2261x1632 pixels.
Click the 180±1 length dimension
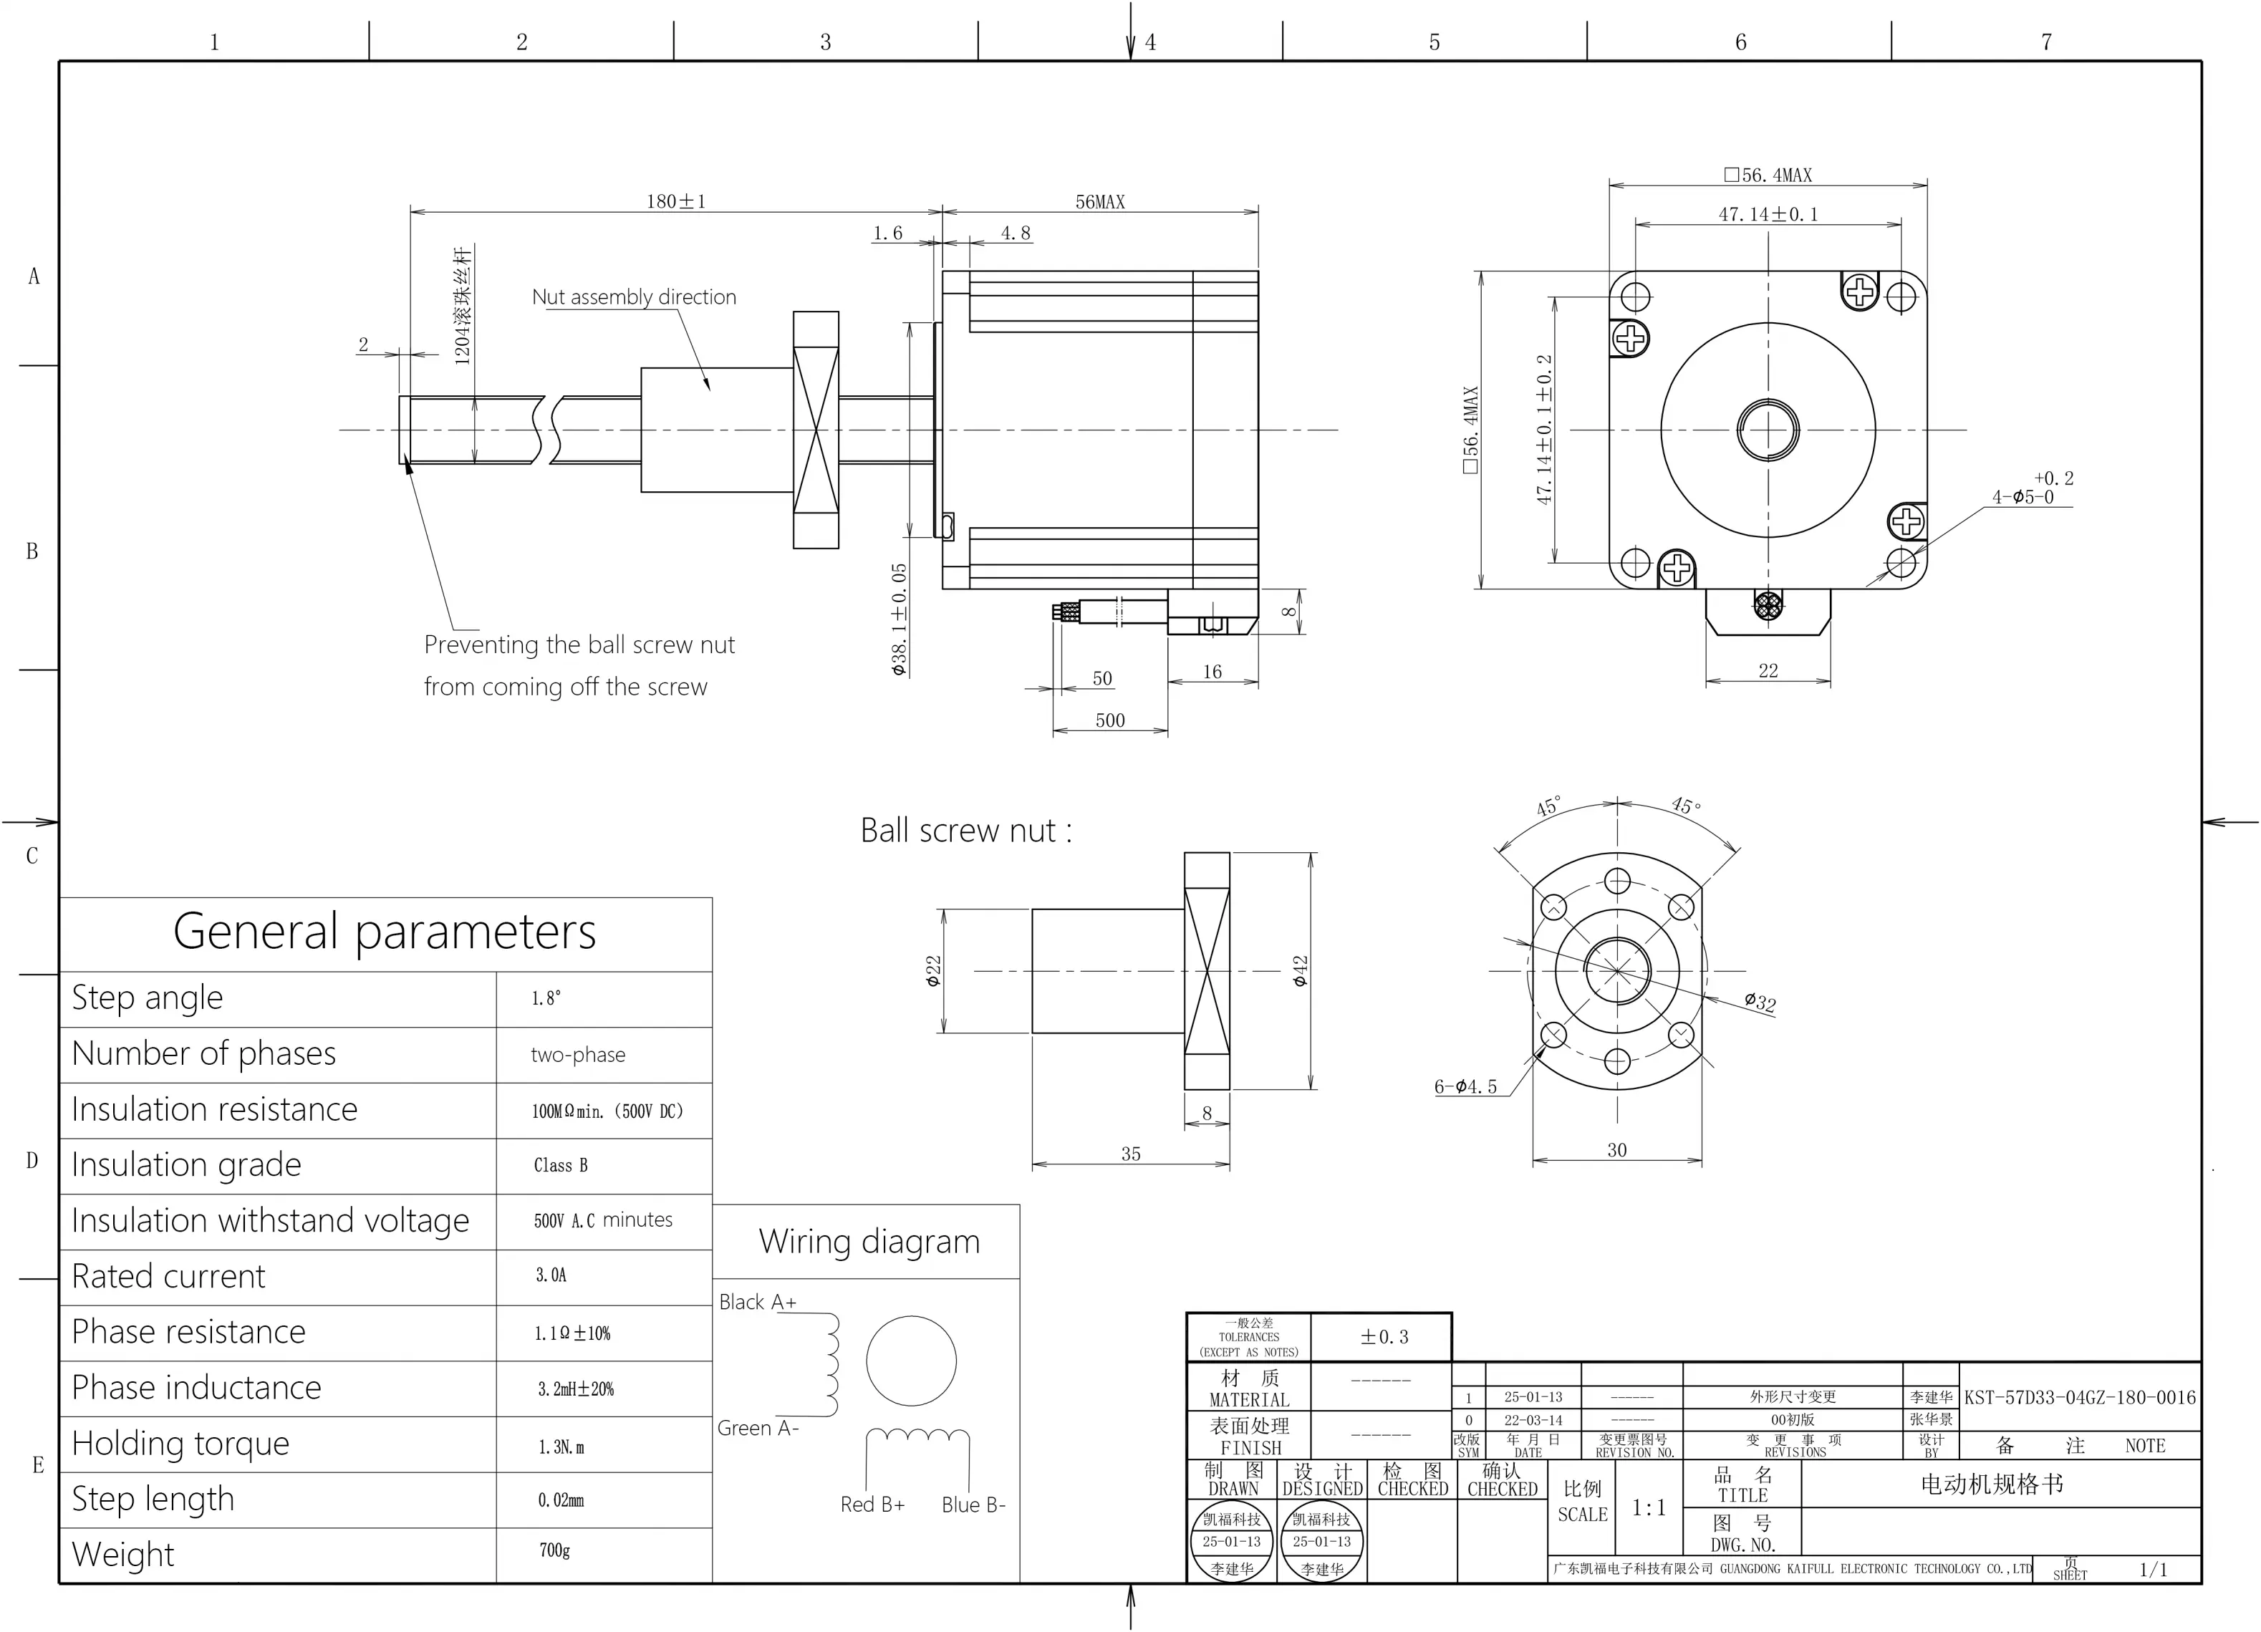pyautogui.click(x=676, y=201)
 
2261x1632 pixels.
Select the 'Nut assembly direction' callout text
pyautogui.click(x=634, y=297)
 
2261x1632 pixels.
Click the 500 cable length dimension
pyautogui.click(x=1109, y=720)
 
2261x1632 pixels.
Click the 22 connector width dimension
pyautogui.click(x=1768, y=670)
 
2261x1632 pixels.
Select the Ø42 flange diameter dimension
pyautogui.click(x=1300, y=971)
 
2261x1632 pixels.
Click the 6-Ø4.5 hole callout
pyautogui.click(x=1465, y=1086)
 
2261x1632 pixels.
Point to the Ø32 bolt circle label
pyautogui.click(x=1760, y=1001)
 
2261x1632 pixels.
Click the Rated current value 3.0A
pyautogui.click(x=551, y=1275)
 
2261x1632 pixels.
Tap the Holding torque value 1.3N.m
pyautogui.click(x=561, y=1447)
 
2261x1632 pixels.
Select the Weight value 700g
pyautogui.click(x=554, y=1550)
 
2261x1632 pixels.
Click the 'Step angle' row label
pyautogui.click(x=148, y=998)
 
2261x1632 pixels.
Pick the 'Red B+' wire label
pyautogui.click(x=872, y=1505)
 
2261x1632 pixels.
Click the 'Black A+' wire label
pyautogui.click(x=758, y=1302)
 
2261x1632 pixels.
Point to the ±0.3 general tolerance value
pyautogui.click(x=1384, y=1337)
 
